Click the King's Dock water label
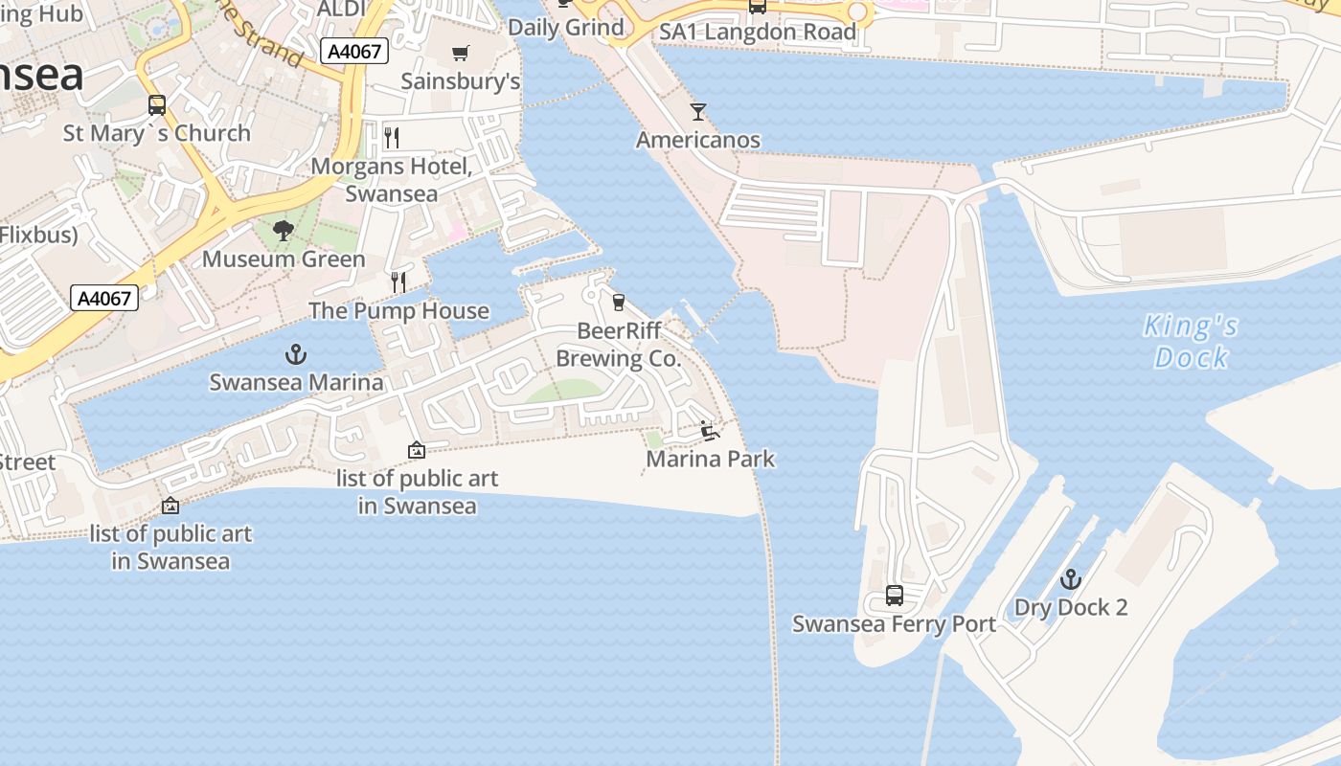click(1191, 342)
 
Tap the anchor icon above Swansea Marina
click(296, 355)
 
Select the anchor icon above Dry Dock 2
click(1070, 579)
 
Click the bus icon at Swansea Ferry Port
click(895, 596)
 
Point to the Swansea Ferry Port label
click(894, 624)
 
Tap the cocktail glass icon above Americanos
click(698, 112)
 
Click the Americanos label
click(698, 140)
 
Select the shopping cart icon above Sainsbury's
click(461, 53)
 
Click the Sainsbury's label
click(461, 80)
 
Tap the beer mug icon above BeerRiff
click(619, 303)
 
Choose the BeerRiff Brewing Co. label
click(619, 345)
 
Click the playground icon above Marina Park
click(710, 431)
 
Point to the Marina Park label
click(711, 459)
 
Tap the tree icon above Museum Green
click(284, 231)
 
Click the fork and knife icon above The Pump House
click(398, 282)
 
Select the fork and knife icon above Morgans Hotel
click(391, 137)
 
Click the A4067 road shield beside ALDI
click(354, 52)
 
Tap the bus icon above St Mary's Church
click(157, 105)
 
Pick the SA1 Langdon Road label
click(758, 32)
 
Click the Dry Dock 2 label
click(1071, 607)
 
